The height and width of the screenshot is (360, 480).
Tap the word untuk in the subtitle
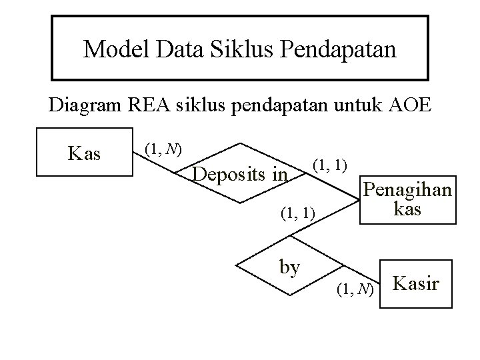pos(357,106)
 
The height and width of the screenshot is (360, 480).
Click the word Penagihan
pos(405,191)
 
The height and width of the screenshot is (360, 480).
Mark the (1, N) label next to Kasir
pos(355,289)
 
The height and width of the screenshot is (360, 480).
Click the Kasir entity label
pos(416,284)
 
